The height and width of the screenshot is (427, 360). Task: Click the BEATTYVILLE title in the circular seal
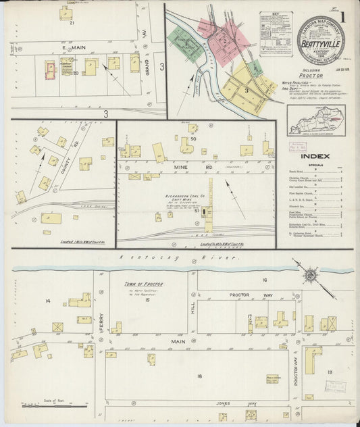coord(321,41)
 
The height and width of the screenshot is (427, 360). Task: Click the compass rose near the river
coord(311,276)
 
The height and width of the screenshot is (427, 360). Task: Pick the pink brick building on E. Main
coord(50,68)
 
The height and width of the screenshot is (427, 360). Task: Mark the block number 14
coord(48,300)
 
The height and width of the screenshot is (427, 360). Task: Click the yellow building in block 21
coord(66,13)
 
